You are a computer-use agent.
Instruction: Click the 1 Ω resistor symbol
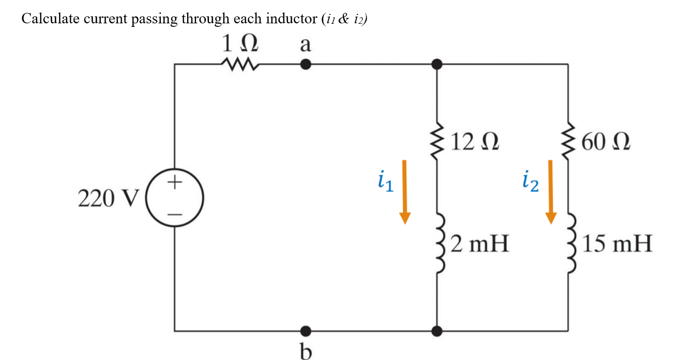pyautogui.click(x=240, y=65)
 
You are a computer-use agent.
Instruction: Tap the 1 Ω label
pyautogui.click(x=240, y=45)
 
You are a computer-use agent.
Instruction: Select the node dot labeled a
pyautogui.click(x=306, y=65)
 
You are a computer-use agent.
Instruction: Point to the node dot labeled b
pyautogui.click(x=306, y=330)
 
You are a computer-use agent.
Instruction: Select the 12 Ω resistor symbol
pyautogui.click(x=437, y=142)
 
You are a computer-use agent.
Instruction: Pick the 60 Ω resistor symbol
pyautogui.click(x=568, y=142)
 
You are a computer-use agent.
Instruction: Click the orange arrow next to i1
pyautogui.click(x=405, y=192)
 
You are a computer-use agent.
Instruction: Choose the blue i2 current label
pyautogui.click(x=530, y=182)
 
